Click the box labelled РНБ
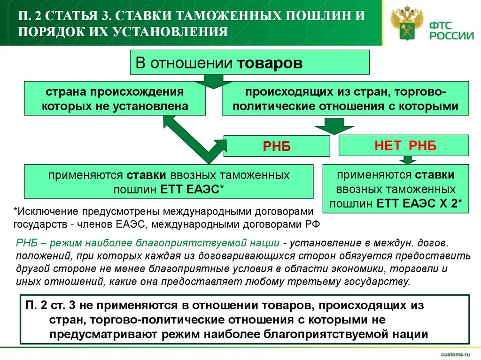click(x=276, y=146)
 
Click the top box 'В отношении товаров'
click(x=250, y=62)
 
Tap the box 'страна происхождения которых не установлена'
click(x=115, y=98)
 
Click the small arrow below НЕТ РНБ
click(x=404, y=160)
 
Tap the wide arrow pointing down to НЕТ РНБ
click(x=329, y=126)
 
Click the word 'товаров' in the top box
click(x=270, y=63)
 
